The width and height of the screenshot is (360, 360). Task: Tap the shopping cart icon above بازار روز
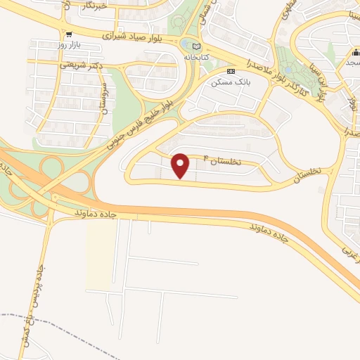point(67,34)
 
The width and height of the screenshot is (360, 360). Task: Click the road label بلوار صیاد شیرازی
point(138,35)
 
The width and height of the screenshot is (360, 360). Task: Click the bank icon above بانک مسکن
point(230,72)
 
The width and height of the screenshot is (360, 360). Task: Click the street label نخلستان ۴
point(222,160)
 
